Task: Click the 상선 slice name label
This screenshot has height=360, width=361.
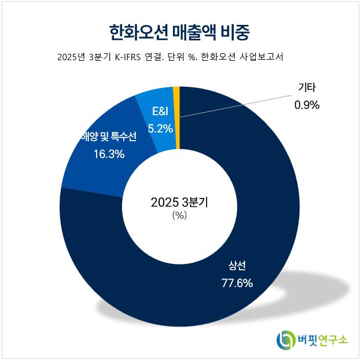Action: (237, 266)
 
